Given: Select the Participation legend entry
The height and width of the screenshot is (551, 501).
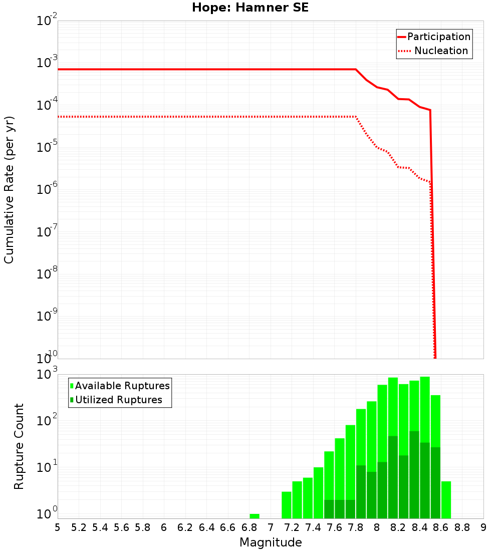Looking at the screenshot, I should (439, 37).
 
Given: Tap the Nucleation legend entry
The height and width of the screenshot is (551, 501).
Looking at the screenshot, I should (441, 51).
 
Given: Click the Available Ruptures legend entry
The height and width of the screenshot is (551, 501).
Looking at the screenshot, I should (122, 386).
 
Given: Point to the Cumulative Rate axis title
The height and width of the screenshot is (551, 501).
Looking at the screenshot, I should (9, 190).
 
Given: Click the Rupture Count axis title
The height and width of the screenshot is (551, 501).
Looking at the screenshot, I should (19, 446).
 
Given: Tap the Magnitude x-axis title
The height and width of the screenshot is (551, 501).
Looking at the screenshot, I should (271, 542).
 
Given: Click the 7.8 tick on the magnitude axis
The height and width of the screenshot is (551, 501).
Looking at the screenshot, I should (356, 527).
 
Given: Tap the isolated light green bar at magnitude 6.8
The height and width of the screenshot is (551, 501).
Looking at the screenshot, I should (255, 516).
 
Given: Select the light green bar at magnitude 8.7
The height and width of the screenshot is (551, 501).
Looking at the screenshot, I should (446, 499).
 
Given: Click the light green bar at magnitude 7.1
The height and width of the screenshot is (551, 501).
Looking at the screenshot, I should (287, 505).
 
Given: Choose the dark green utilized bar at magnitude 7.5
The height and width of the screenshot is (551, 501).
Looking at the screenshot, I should (329, 509).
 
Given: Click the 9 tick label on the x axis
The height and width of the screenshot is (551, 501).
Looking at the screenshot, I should (483, 527).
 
